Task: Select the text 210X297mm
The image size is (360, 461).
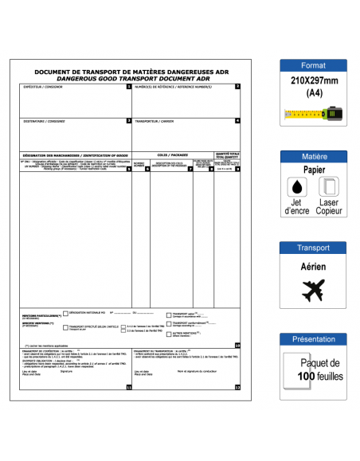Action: pyautogui.click(x=313, y=82)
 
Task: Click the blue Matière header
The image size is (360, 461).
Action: pyautogui.click(x=313, y=157)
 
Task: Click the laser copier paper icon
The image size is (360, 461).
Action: pyautogui.click(x=328, y=187)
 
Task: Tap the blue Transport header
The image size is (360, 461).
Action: pyautogui.click(x=313, y=248)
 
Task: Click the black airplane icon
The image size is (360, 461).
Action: pyautogui.click(x=313, y=291)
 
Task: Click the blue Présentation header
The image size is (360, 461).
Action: pyautogui.click(x=313, y=339)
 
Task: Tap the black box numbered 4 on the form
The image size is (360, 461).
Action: pyautogui.click(x=237, y=121)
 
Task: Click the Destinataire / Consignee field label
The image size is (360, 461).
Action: pyautogui.click(x=45, y=121)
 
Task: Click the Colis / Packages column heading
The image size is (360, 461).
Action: pyautogui.click(x=173, y=154)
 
